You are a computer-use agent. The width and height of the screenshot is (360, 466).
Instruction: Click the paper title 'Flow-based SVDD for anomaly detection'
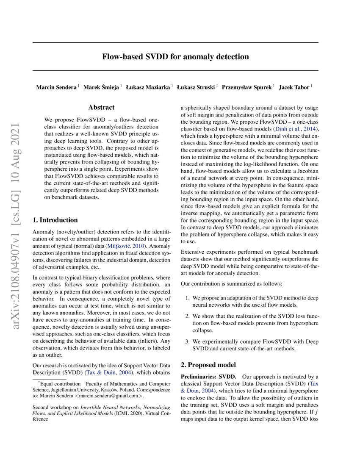pos(175,56)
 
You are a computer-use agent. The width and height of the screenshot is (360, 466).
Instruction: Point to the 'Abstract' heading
pos(101,108)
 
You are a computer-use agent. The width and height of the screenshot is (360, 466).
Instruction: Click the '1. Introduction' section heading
pos(55,220)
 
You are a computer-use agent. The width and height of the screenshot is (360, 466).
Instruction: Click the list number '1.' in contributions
pos(188,298)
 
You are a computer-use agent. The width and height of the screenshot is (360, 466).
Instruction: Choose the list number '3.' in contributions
pos(188,341)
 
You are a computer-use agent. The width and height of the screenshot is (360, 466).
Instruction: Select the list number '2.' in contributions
pos(188,316)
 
